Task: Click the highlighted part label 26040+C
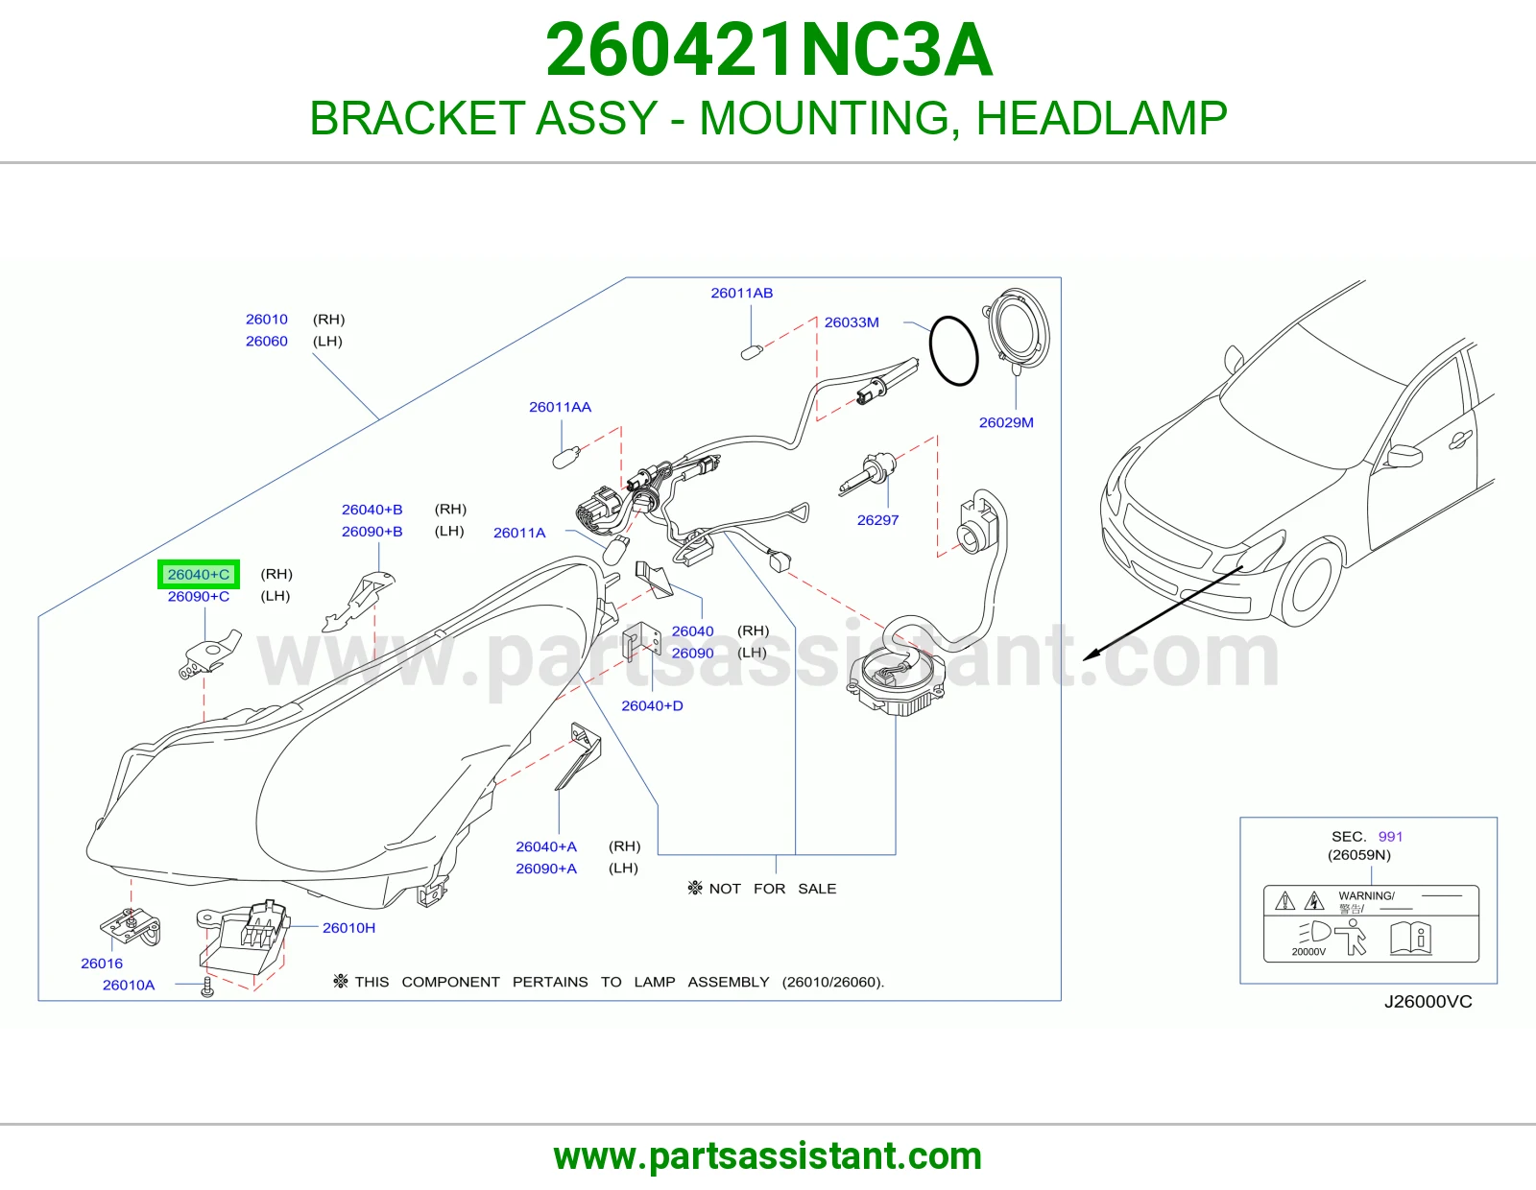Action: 199,574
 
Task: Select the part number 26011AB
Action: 741,293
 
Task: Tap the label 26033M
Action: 852,322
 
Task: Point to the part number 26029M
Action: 1006,422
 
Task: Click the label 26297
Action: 877,520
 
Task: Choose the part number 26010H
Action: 348,928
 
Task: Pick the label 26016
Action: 101,964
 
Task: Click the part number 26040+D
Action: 652,705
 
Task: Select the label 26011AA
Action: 560,407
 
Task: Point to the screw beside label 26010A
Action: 207,987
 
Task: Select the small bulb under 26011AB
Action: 752,351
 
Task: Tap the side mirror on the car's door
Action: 1404,456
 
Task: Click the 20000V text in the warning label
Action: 1308,952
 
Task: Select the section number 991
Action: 1390,837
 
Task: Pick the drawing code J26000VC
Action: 1428,1001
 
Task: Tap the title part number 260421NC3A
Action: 769,50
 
